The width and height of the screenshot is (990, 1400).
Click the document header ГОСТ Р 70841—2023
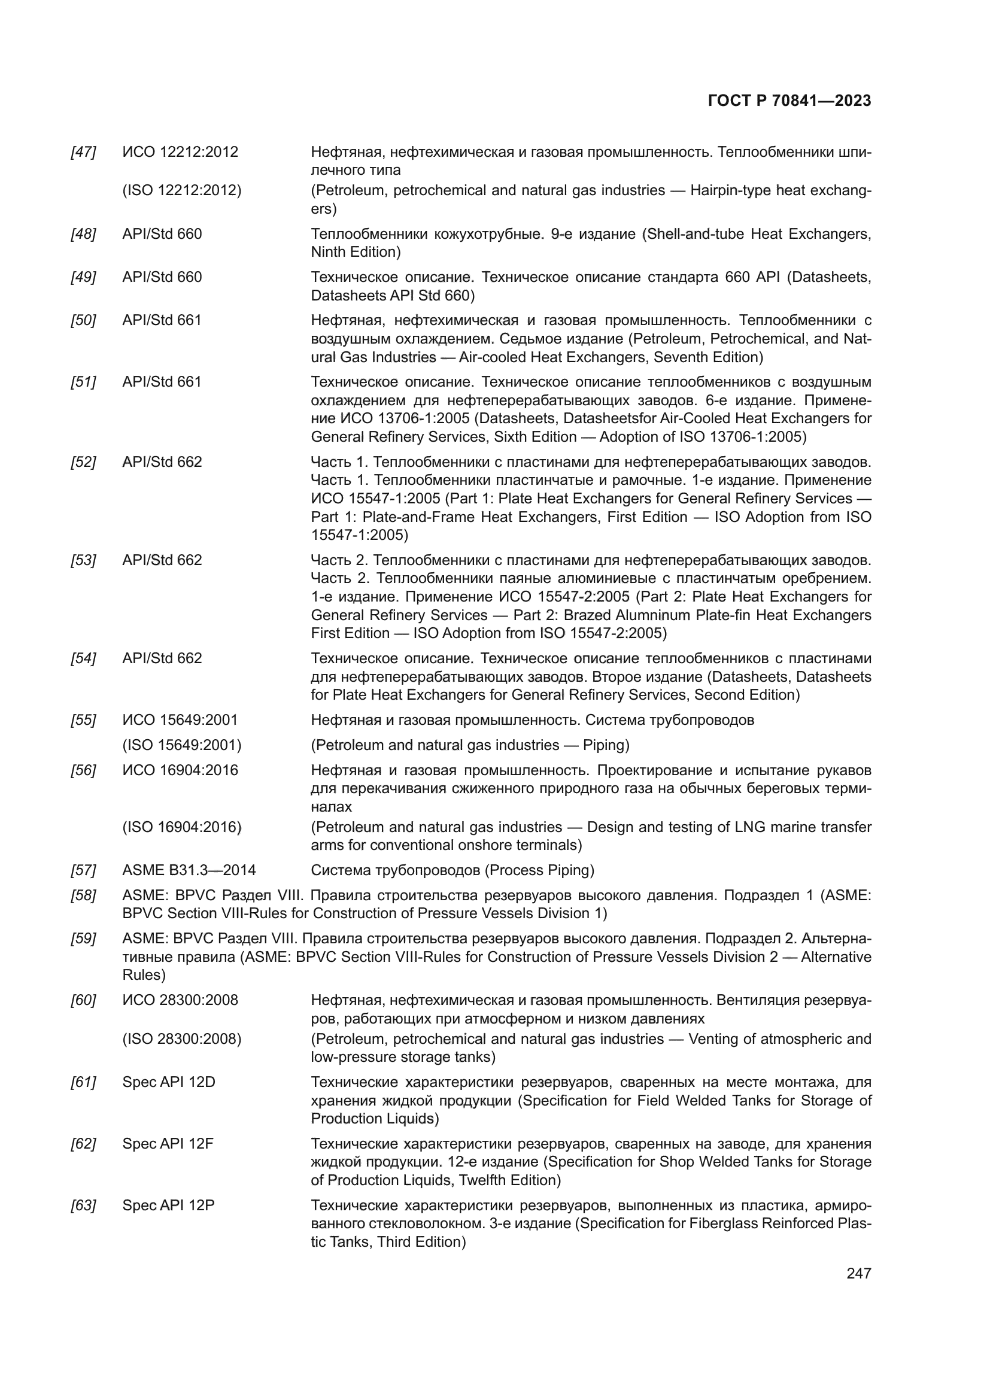(x=789, y=101)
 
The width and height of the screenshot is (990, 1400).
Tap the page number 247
(x=858, y=1273)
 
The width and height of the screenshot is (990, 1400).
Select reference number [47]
(x=84, y=152)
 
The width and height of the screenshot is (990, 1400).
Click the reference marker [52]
(x=84, y=462)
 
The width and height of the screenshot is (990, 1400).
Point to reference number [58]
(x=84, y=895)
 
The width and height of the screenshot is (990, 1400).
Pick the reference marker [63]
(x=84, y=1205)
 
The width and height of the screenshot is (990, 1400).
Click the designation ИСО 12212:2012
(x=180, y=152)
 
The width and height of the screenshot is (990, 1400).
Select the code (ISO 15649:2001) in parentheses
(x=182, y=745)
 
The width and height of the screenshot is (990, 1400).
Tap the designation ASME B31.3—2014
(x=189, y=870)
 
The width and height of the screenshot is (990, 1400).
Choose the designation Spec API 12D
(x=169, y=1082)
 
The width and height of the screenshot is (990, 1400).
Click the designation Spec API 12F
(x=168, y=1144)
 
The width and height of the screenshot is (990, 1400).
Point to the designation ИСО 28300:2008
(x=180, y=1001)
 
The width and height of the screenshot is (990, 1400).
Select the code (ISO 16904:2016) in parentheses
(x=182, y=827)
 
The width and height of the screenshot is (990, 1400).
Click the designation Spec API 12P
(x=168, y=1205)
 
